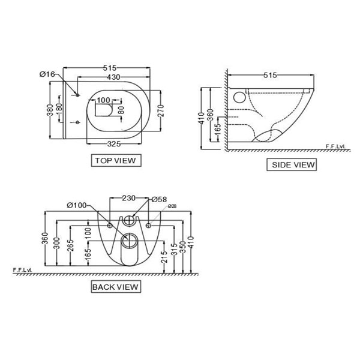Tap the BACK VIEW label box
tap(115, 287)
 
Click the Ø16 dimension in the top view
tap(47, 74)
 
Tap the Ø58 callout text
tap(158, 199)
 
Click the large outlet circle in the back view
tap(128, 241)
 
